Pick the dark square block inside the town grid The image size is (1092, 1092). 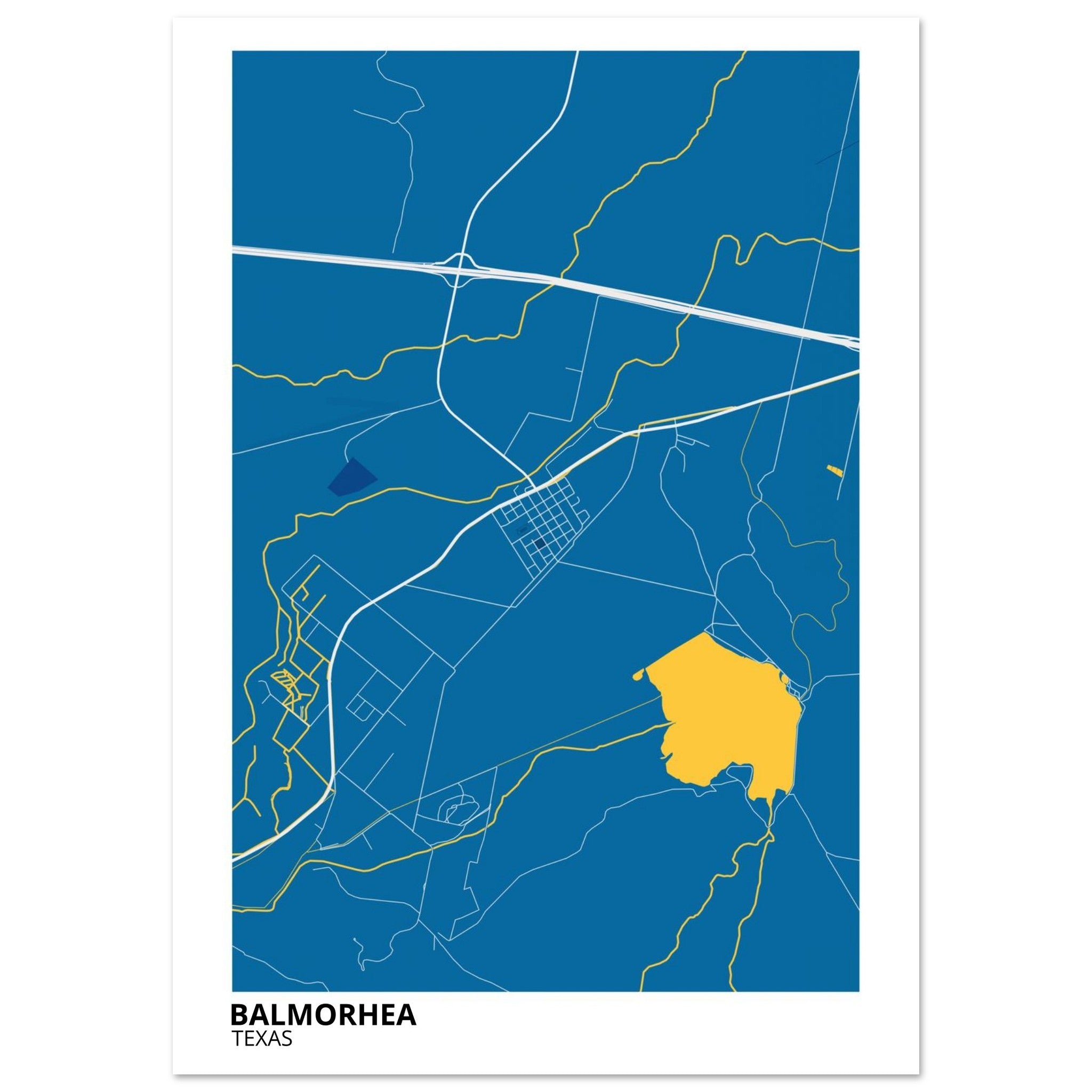point(540,543)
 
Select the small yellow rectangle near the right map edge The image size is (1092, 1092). point(835,470)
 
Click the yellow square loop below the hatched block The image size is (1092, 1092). point(290,728)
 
